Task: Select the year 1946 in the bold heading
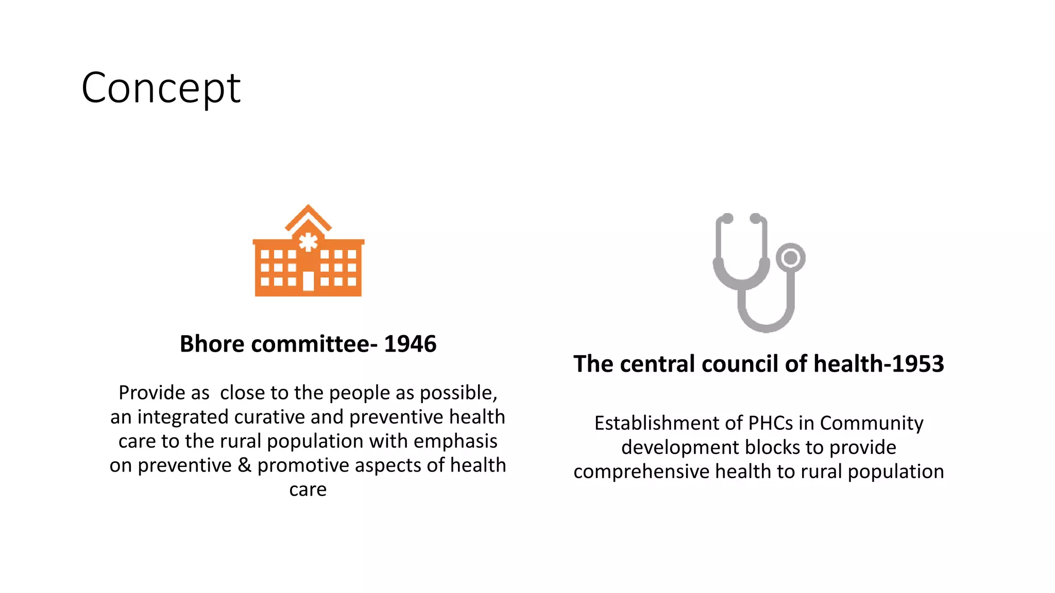pyautogui.click(x=410, y=344)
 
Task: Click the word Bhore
pyautogui.click(x=212, y=344)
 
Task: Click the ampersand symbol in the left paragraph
pyautogui.click(x=245, y=465)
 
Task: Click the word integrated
pyautogui.click(x=182, y=417)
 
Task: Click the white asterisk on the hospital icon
pyautogui.click(x=308, y=242)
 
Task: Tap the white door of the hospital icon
pyautogui.click(x=308, y=281)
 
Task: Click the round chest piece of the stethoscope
pyautogui.click(x=790, y=258)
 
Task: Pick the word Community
pyautogui.click(x=871, y=423)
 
